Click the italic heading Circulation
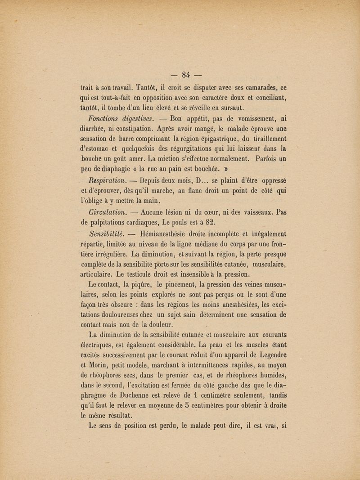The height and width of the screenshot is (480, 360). tap(107, 211)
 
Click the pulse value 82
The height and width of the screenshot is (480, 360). tap(208, 222)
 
